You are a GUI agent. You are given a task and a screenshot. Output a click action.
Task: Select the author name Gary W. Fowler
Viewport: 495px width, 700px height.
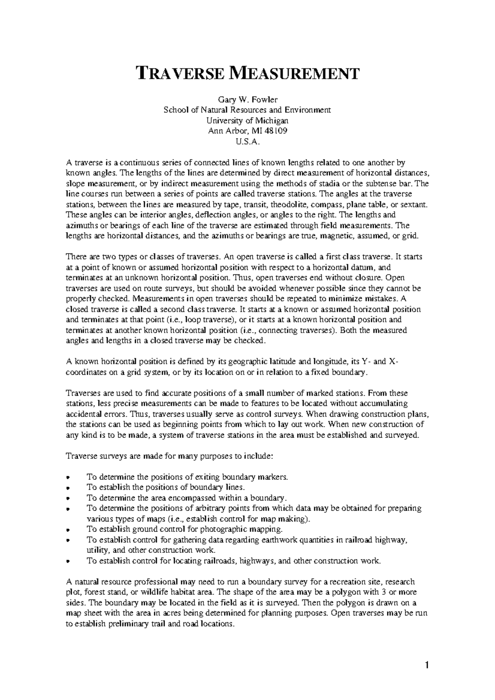coord(247,99)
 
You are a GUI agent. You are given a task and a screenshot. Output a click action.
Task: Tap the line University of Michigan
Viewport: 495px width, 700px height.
coord(247,121)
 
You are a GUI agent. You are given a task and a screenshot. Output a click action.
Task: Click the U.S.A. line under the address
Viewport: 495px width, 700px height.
coord(247,142)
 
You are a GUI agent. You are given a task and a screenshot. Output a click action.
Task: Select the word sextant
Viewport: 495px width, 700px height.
coord(408,204)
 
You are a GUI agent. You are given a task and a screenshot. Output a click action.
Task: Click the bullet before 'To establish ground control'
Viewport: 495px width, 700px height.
coord(68,530)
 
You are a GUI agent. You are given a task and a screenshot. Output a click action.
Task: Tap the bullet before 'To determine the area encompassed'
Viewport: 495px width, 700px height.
coord(68,498)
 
